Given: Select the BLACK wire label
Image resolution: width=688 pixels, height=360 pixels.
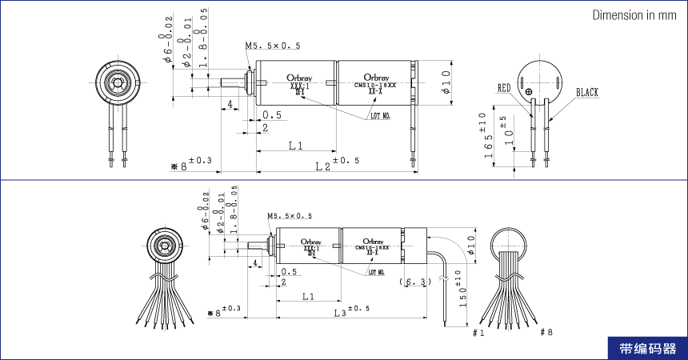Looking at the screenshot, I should tap(586, 93).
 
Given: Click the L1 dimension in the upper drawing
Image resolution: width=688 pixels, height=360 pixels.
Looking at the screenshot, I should tap(295, 146).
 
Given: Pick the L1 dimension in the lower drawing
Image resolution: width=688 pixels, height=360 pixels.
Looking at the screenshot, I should tap(308, 296).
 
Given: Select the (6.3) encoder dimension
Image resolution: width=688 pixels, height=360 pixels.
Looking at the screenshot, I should tap(414, 282).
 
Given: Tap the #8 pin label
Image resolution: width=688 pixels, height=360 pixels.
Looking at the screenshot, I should tap(546, 332).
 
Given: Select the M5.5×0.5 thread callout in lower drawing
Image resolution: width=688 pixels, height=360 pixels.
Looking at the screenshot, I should tap(290, 216).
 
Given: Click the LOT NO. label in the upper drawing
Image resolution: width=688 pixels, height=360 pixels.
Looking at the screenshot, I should tap(380, 115).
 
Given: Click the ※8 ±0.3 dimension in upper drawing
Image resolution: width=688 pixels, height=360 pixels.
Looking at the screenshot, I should tap(191, 165).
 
